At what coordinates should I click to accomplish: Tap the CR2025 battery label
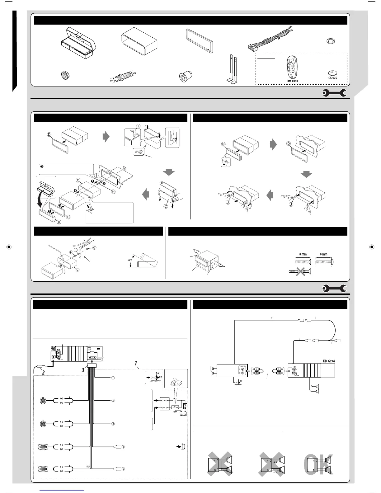click(332, 78)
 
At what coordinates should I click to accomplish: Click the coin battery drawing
click(332, 73)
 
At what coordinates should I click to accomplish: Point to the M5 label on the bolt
click(134, 73)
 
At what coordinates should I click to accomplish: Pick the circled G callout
click(94, 248)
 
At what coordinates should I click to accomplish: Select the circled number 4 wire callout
click(123, 447)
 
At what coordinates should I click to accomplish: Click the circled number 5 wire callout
click(123, 469)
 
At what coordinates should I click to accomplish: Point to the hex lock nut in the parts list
click(65, 75)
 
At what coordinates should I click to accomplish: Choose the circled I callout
click(96, 176)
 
